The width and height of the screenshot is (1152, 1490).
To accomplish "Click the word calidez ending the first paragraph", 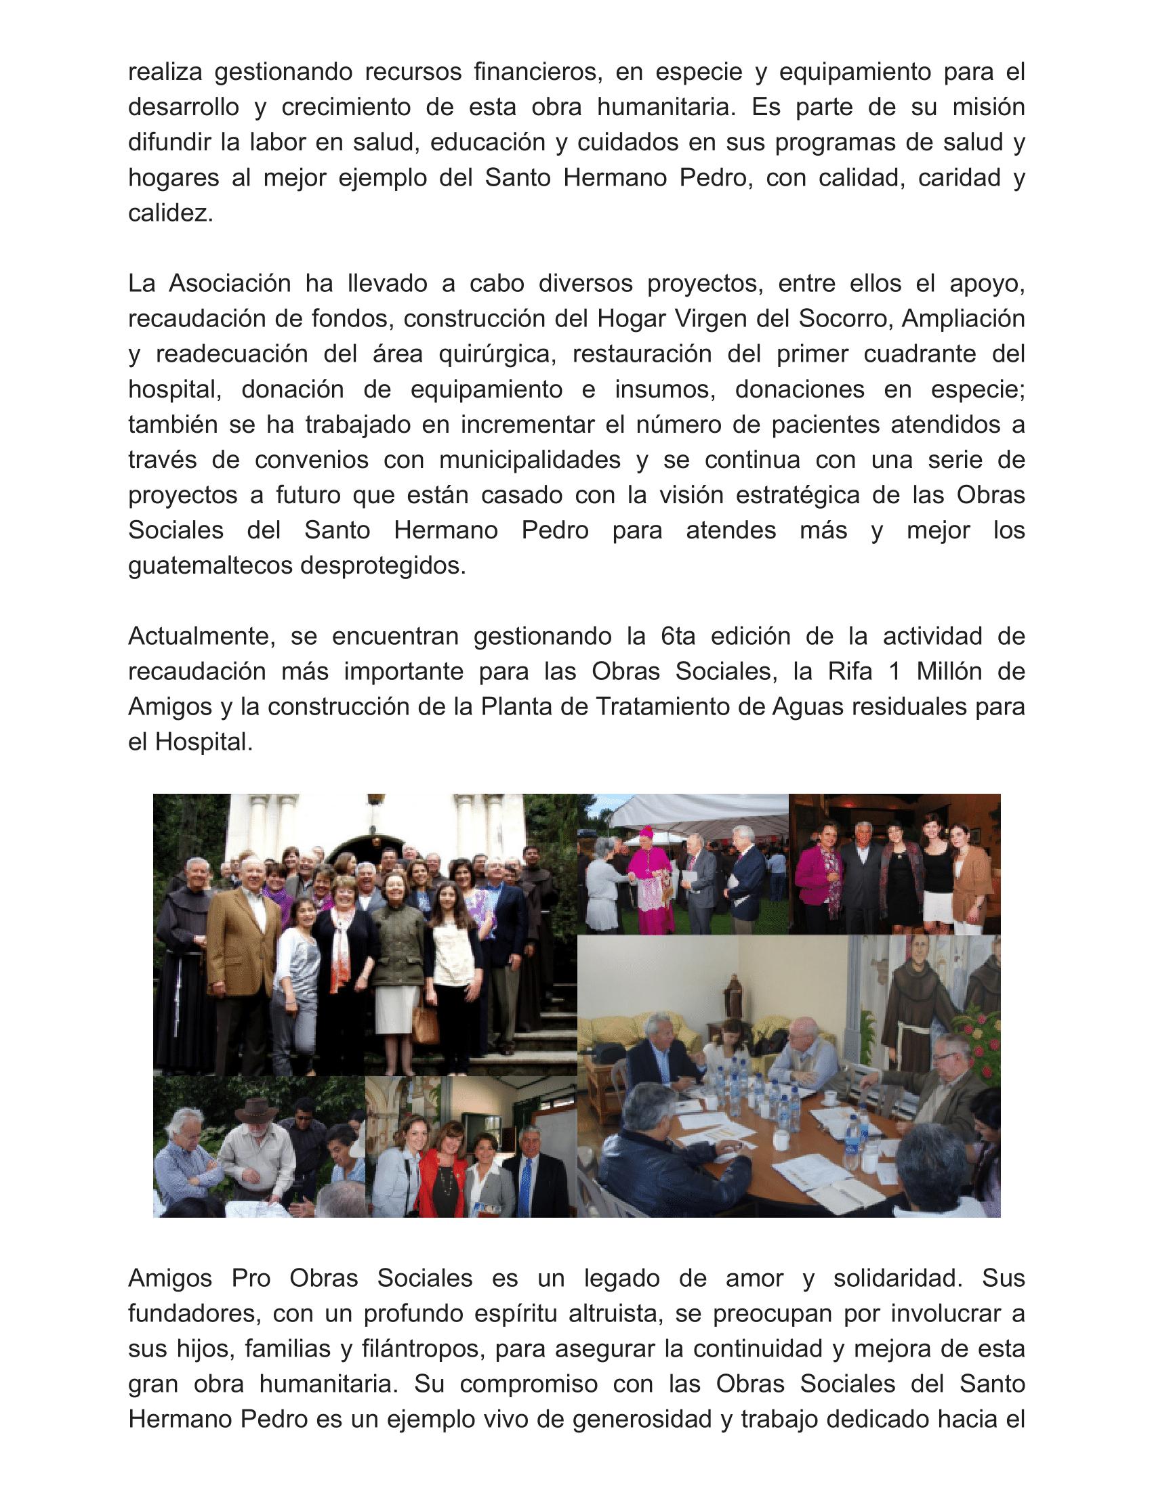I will [170, 213].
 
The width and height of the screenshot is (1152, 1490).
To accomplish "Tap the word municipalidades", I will [530, 460].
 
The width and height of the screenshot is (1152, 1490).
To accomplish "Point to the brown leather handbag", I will [426, 1021].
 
